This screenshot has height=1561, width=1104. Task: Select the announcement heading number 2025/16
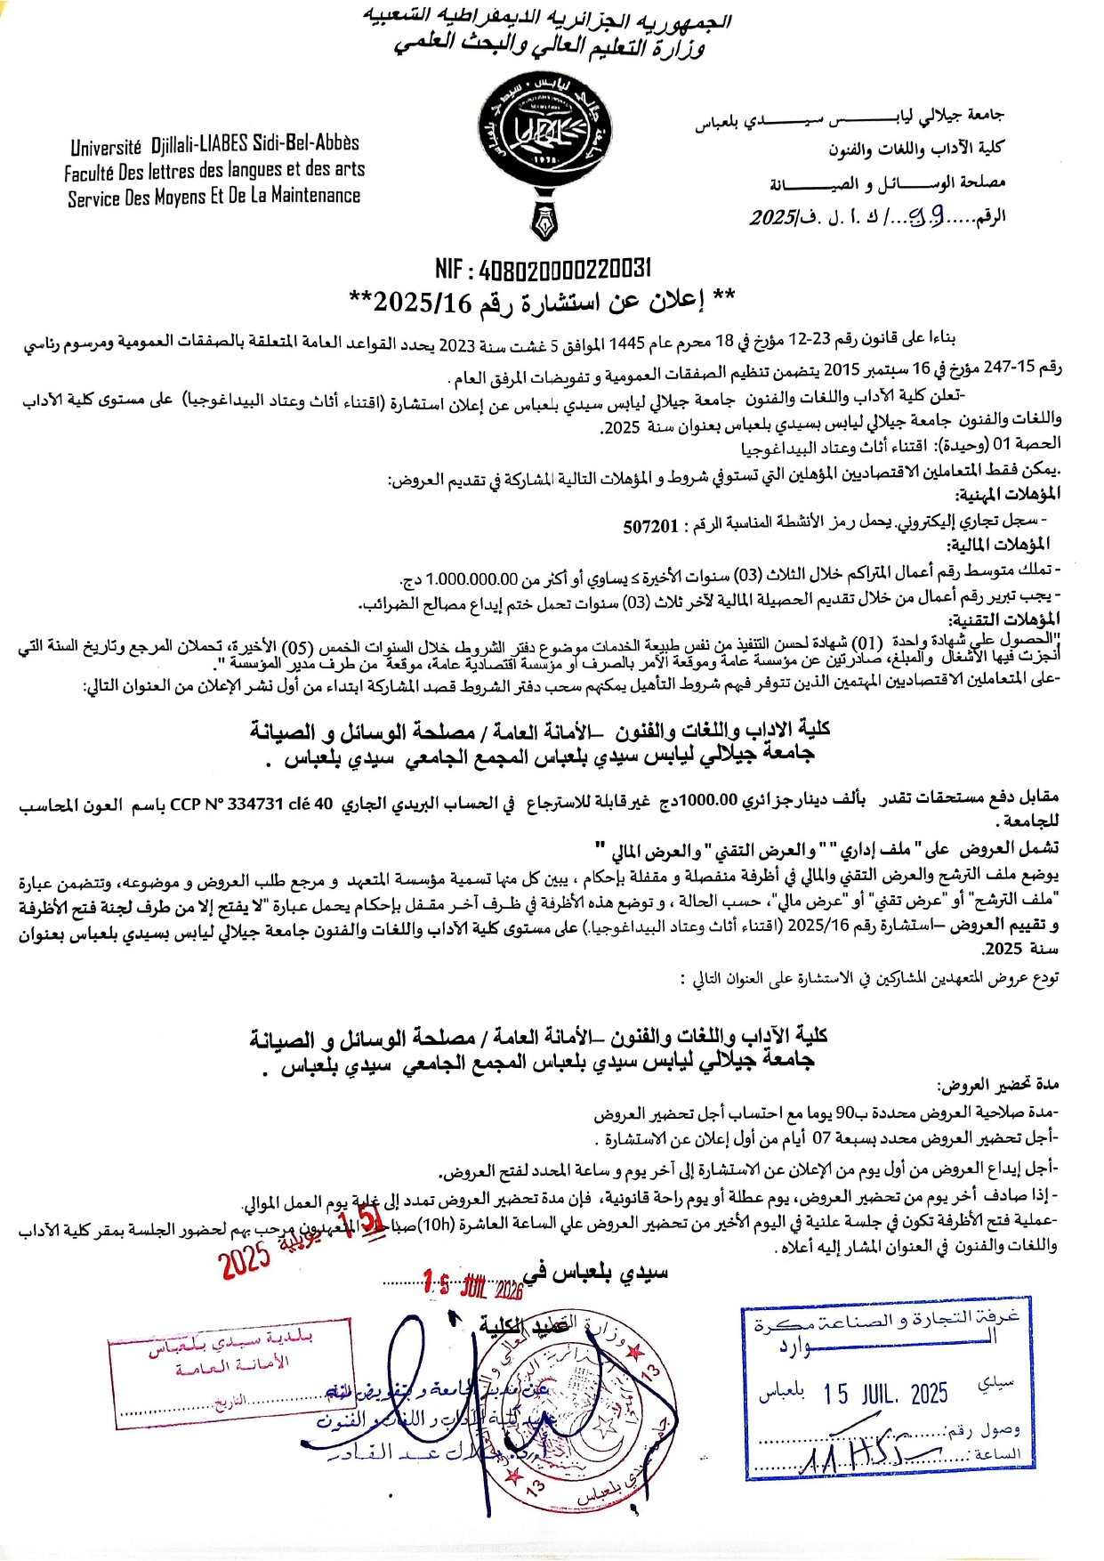pyautogui.click(x=423, y=303)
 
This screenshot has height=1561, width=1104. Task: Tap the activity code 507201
pyautogui.click(x=650, y=526)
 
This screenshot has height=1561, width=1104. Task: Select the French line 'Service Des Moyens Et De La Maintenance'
pyautogui.click(x=214, y=197)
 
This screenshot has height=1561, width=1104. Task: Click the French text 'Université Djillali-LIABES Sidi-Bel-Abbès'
pyautogui.click(x=214, y=144)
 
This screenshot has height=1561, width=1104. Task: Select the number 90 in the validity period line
pyautogui.click(x=844, y=1112)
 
